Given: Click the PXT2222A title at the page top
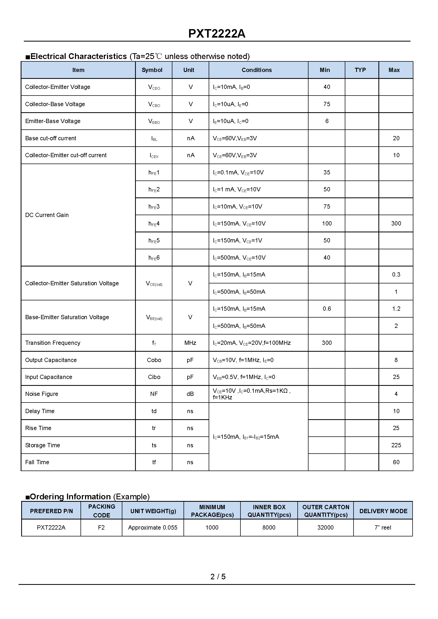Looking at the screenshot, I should tap(217, 34).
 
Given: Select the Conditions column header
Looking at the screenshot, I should tap(257, 70).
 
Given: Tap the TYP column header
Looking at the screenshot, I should tap(360, 70).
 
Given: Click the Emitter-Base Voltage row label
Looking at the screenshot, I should tap(53, 121).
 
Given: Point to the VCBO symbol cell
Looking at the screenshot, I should tap(154, 104).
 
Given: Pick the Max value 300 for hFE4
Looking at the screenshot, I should tap(396, 223).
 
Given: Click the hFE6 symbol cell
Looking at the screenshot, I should tap(154, 258).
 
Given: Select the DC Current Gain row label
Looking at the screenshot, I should tap(47, 215).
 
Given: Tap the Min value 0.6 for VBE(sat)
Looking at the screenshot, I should tap(327, 309).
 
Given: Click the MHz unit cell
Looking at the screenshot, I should tap(190, 343).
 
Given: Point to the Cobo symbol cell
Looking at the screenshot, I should tap(154, 360).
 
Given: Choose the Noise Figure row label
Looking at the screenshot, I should tap(42, 394).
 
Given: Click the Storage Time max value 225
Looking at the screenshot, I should tap(396, 445).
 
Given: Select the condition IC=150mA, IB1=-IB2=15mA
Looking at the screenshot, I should tap(246, 437).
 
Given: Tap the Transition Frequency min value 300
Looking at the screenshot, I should tap(327, 343).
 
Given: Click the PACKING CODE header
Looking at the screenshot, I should tap(101, 510).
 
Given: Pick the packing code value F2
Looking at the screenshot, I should tap(101, 527).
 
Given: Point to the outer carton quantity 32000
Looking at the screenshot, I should tap(325, 527).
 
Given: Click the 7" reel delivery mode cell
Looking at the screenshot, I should tap(383, 527).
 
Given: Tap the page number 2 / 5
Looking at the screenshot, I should tap(218, 576).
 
